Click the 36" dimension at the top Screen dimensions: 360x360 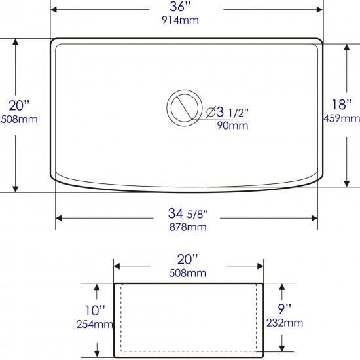(180, 7)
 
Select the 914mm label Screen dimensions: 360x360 (180, 20)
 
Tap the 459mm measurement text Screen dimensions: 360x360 (342, 118)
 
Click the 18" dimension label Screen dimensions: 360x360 (342, 105)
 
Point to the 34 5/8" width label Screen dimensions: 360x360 (188, 213)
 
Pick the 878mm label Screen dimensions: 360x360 (188, 227)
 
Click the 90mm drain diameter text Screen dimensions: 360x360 (232, 126)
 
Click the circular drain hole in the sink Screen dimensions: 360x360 (185, 108)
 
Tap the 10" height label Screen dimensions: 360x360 (95, 310)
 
